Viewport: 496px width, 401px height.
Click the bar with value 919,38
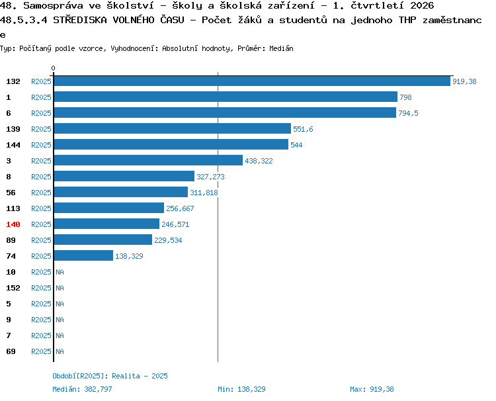coord(252,81)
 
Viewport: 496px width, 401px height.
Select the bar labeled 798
coord(226,97)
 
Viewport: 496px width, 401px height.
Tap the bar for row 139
coord(173,128)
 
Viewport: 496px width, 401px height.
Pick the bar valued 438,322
coord(148,160)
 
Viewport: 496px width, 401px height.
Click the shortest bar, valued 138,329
coord(83,255)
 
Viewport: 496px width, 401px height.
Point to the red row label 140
coord(13,224)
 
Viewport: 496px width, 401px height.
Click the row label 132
coord(13,81)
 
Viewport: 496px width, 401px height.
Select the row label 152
coord(13,288)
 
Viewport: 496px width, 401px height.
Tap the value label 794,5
coord(408,113)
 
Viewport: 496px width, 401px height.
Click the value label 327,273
coord(210,177)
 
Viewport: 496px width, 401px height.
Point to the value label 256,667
coord(180,208)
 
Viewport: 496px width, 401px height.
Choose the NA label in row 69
coord(60,351)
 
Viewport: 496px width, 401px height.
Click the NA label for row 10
coord(60,272)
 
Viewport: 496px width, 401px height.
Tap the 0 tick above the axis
coord(53,68)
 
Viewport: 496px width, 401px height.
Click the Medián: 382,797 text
coord(82,389)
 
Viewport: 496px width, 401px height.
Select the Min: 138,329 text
coord(241,389)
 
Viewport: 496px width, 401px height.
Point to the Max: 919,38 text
coord(372,389)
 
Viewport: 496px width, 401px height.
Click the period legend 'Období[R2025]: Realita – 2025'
coord(110,376)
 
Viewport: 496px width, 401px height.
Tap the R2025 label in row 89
coord(41,240)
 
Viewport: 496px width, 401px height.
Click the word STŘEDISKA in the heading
coord(80,20)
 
